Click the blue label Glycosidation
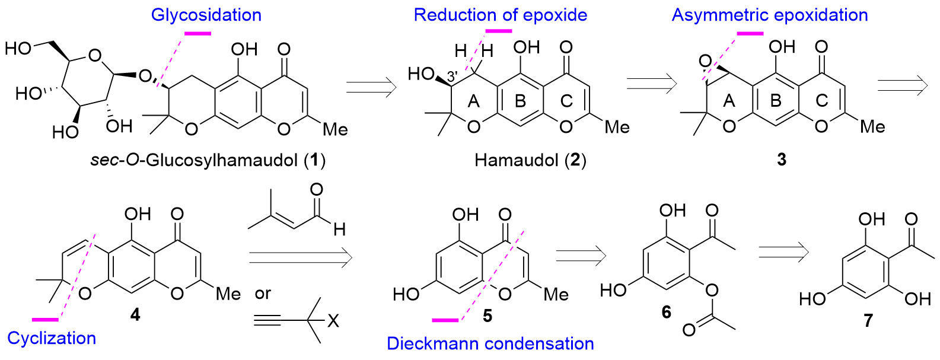(206, 15)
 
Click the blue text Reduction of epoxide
(500, 15)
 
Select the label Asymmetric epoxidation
(770, 15)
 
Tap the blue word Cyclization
(52, 338)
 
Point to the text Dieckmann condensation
(490, 343)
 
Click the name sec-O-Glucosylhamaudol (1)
(208, 160)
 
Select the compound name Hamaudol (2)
(530, 160)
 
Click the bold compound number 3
(782, 160)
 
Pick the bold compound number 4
(135, 314)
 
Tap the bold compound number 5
(487, 316)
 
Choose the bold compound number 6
(667, 312)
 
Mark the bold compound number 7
(868, 320)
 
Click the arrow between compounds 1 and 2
(371, 87)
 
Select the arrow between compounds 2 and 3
(652, 83)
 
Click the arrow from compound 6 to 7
(784, 252)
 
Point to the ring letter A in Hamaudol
(473, 101)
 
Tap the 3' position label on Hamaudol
(452, 77)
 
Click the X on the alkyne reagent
(333, 321)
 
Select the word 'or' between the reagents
(263, 294)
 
